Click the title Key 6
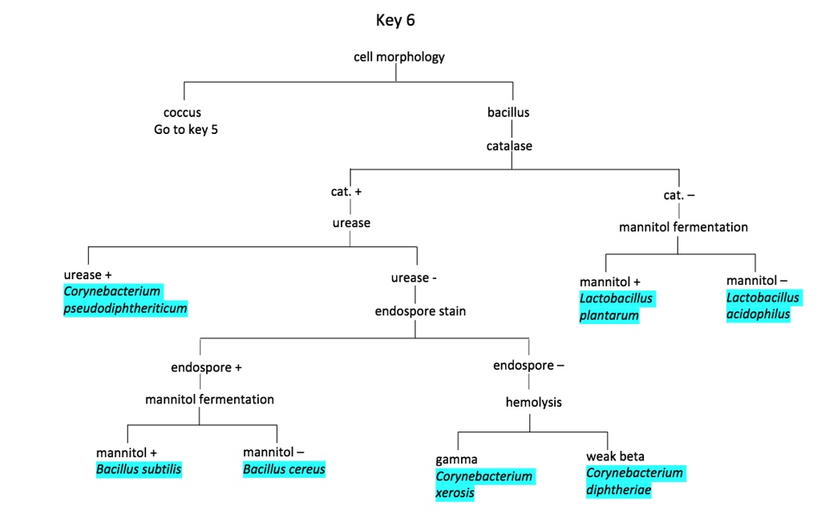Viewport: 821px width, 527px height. coord(395,21)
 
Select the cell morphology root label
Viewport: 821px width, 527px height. coord(398,57)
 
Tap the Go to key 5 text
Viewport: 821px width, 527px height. coord(186,130)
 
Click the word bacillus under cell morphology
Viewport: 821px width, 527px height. coord(508,112)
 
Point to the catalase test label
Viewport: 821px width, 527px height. coord(508,146)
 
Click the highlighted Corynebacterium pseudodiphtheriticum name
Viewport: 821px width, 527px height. coord(125,300)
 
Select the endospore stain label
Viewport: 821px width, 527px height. coord(420,311)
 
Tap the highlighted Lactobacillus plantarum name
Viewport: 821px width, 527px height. coord(616,307)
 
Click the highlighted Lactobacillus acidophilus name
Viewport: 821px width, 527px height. coord(762,306)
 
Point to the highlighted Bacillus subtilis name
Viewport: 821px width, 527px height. coord(139,469)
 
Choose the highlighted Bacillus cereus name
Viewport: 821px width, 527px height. coord(285,469)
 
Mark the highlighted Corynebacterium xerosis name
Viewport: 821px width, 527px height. coord(483,484)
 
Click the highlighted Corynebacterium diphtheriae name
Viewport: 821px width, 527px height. coord(634,481)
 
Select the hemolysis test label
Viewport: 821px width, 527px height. coord(533,403)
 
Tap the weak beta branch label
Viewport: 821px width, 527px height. coord(615,456)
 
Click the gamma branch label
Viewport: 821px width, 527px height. coord(456,460)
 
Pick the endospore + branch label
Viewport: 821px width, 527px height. coord(206,367)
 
